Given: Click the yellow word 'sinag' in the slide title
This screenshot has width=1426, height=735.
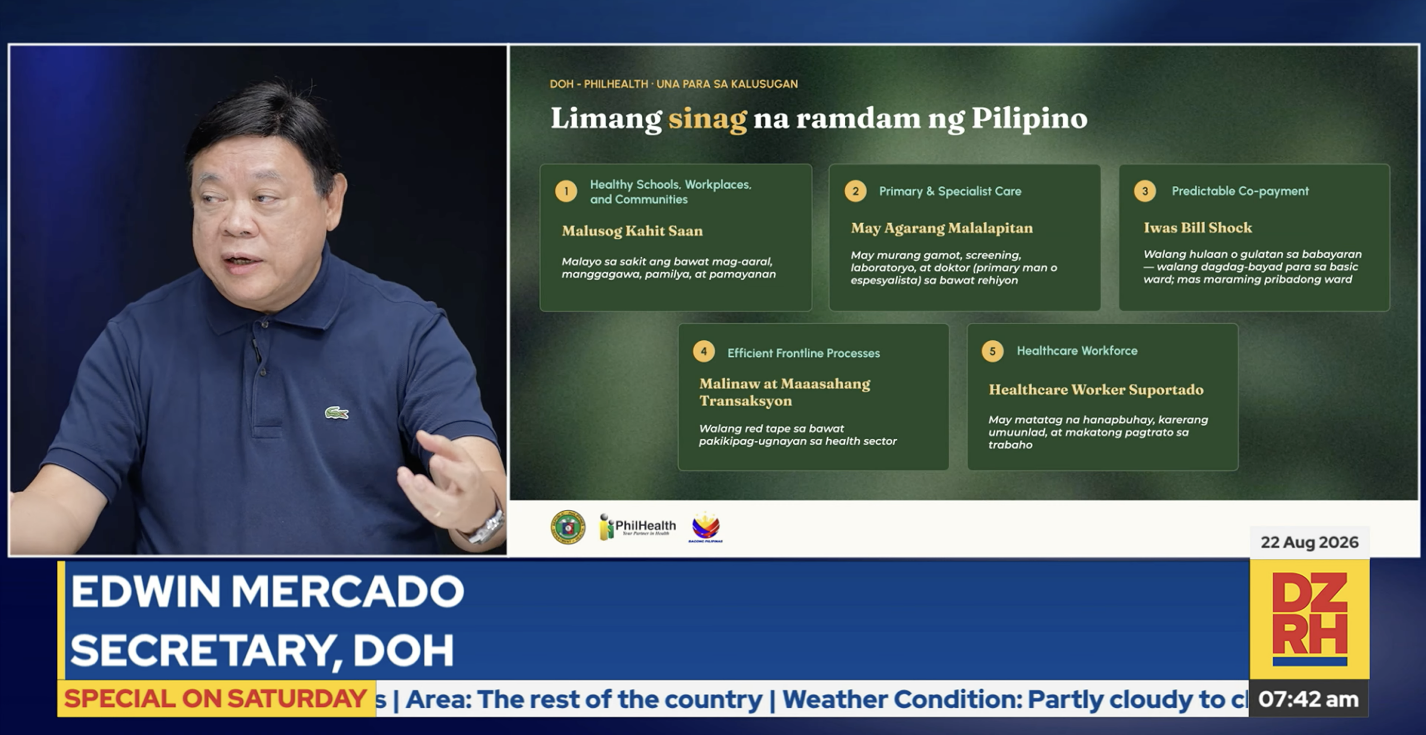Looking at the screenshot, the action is [707, 119].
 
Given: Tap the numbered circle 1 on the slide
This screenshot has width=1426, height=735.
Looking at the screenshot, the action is [566, 192].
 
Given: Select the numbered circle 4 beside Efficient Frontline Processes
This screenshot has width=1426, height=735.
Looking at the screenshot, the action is [704, 351].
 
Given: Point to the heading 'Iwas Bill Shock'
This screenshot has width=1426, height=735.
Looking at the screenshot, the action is [1198, 228].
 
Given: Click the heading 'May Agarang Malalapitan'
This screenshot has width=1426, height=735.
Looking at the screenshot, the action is [941, 228].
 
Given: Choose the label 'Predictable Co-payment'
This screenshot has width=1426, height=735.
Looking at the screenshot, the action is [1240, 191].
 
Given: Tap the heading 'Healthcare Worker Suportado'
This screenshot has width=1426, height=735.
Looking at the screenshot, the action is [1096, 390].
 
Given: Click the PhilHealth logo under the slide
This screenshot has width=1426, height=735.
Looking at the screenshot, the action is [637, 527].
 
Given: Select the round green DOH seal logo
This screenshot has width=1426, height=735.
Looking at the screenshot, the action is [568, 527].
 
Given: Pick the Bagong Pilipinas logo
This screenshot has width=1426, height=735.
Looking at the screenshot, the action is [705, 527].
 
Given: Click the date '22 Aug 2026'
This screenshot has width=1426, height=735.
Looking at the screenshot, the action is [1310, 542].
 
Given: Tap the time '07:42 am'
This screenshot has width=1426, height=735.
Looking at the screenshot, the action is [1308, 699].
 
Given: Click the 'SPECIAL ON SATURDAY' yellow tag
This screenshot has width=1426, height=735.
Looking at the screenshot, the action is [216, 699].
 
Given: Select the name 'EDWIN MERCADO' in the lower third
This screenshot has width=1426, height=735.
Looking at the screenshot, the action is [267, 591].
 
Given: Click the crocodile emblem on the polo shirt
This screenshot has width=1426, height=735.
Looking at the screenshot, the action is [336, 413].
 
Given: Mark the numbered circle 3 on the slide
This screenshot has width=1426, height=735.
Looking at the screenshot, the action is [1145, 191].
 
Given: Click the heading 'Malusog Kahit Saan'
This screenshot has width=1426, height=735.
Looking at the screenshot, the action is [632, 231].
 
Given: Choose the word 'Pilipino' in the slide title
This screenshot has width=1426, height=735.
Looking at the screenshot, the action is [1029, 119].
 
